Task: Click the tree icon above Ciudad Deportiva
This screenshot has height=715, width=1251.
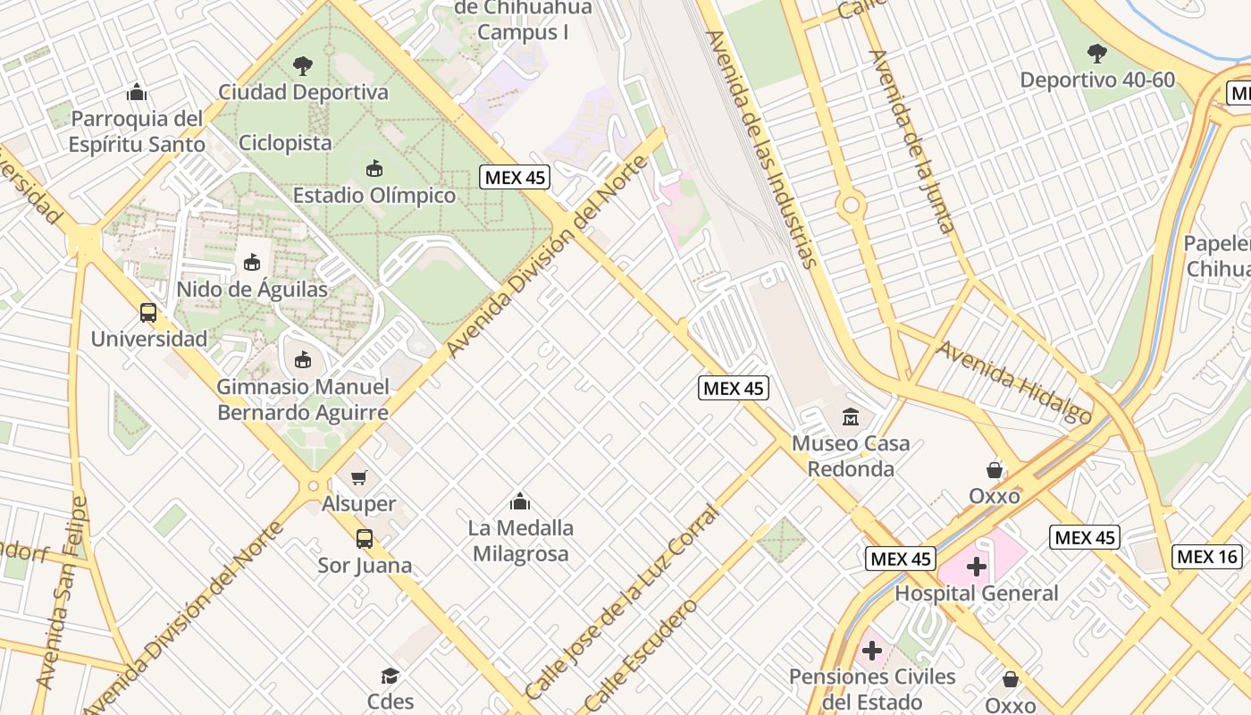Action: point(303,65)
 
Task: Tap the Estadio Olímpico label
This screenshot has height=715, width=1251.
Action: point(374,195)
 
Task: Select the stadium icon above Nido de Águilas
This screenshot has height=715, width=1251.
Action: point(252,263)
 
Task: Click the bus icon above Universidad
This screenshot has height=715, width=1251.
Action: point(148,313)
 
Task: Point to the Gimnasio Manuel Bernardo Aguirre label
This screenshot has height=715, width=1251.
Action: point(303,400)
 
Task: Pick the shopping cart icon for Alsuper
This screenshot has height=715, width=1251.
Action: point(359,478)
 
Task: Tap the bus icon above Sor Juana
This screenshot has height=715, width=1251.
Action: point(365,539)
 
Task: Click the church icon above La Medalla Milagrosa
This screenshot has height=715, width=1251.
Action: point(520,501)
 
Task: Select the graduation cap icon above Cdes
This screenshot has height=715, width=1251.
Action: point(390,676)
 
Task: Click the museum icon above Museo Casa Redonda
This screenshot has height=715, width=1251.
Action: point(851,416)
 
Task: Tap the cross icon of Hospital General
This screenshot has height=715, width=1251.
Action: point(977,567)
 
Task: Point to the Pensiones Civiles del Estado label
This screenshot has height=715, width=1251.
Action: point(872,689)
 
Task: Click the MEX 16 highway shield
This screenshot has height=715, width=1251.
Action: point(1207,557)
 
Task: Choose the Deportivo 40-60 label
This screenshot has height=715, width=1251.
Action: point(1097,80)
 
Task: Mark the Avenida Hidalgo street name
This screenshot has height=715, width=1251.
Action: point(1015,382)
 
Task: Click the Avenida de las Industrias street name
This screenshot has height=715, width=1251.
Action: point(762,148)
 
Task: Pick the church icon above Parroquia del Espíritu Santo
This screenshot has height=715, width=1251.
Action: point(136,92)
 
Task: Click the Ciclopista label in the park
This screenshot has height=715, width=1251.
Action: point(285,142)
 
